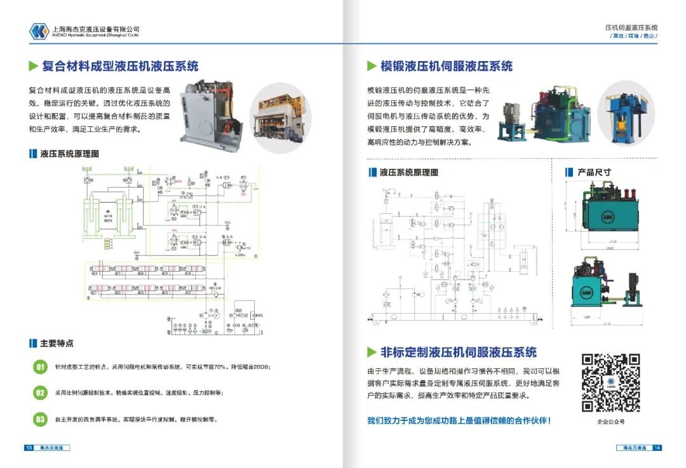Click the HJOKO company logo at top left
(39, 31)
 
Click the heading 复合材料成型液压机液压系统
(120, 66)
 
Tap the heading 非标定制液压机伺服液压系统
(458, 352)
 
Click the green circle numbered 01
(40, 368)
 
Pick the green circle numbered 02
(40, 393)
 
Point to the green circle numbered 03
(40, 419)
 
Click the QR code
(610, 383)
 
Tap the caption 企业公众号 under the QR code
(610, 422)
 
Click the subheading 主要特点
(57, 344)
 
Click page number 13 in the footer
(29, 448)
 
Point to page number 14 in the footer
(657, 448)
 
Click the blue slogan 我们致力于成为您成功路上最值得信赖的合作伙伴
(459, 420)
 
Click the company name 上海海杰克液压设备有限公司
(95, 29)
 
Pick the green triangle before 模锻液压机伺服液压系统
(372, 66)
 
